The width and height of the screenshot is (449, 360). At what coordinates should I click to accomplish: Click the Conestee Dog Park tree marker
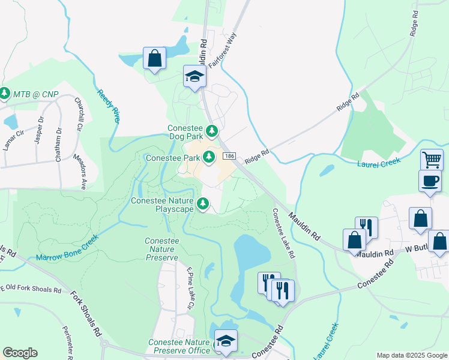[x=211, y=130]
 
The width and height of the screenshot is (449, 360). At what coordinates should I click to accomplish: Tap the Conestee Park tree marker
[x=209, y=157]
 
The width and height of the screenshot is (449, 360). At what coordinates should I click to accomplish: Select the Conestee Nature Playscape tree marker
[x=203, y=204]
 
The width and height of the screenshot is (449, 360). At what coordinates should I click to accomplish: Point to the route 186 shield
[x=229, y=156]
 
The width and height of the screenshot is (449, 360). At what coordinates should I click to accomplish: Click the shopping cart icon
[x=432, y=160]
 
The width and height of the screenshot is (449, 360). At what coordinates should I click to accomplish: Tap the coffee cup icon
[x=430, y=181]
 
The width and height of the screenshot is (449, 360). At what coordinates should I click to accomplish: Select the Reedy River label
[x=108, y=105]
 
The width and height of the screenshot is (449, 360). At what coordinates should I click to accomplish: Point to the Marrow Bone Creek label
[x=67, y=253]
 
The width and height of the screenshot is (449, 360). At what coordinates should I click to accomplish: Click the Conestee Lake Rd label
[x=284, y=233]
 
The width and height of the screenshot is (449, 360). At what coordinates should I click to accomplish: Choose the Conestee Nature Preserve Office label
[x=179, y=346]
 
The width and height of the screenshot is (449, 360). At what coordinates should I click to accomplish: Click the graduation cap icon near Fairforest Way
[x=194, y=76]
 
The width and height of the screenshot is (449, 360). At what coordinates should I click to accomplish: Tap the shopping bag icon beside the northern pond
[x=154, y=59]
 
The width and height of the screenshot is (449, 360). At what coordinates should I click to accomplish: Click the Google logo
[x=20, y=353]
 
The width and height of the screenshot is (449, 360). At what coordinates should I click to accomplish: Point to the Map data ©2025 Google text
[x=412, y=355]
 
